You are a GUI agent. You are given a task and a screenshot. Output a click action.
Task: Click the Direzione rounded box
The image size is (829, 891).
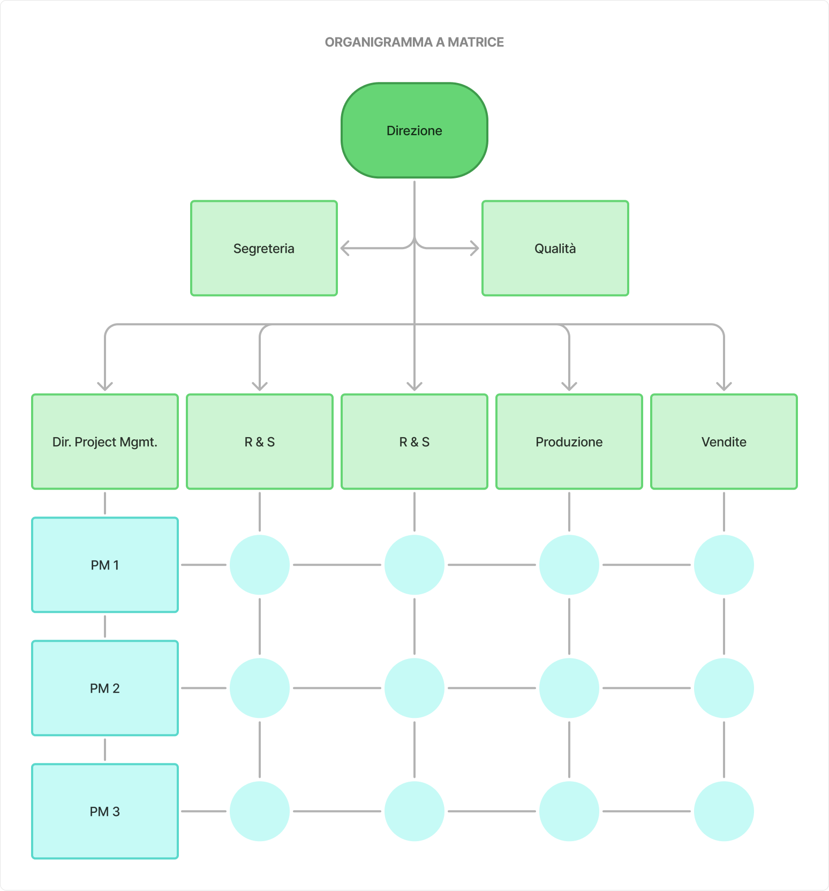click(x=414, y=130)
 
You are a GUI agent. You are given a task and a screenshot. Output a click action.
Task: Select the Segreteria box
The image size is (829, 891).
click(x=263, y=248)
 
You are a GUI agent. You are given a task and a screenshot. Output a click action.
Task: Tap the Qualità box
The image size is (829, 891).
click(x=555, y=248)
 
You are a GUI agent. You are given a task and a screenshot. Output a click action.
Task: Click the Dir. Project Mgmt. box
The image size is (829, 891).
click(x=104, y=441)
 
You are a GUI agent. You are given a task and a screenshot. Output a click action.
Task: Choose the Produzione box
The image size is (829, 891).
click(x=569, y=441)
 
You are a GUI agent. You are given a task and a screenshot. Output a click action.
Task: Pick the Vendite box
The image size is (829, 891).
click(x=724, y=441)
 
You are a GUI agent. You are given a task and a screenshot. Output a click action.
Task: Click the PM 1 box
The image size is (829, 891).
click(x=104, y=565)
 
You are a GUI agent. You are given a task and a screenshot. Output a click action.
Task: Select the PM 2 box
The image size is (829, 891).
click(x=104, y=688)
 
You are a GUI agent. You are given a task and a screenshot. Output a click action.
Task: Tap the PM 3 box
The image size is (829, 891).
click(x=104, y=811)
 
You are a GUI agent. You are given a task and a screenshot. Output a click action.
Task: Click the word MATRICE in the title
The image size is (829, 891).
click(x=476, y=42)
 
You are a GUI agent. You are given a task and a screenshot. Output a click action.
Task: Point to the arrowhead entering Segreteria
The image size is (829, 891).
click(x=344, y=248)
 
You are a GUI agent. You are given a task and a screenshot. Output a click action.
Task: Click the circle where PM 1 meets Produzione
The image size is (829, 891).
click(x=569, y=565)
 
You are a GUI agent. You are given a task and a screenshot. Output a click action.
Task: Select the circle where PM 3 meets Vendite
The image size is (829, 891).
click(x=724, y=811)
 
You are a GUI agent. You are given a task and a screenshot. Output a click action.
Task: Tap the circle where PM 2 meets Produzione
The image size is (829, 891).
click(x=569, y=688)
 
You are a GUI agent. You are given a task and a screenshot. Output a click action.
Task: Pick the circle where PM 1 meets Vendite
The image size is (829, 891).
click(x=724, y=565)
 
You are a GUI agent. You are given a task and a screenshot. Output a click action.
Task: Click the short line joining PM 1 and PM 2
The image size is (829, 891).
click(x=104, y=626)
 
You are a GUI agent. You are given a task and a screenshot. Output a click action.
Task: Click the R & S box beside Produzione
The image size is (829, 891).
click(x=414, y=441)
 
